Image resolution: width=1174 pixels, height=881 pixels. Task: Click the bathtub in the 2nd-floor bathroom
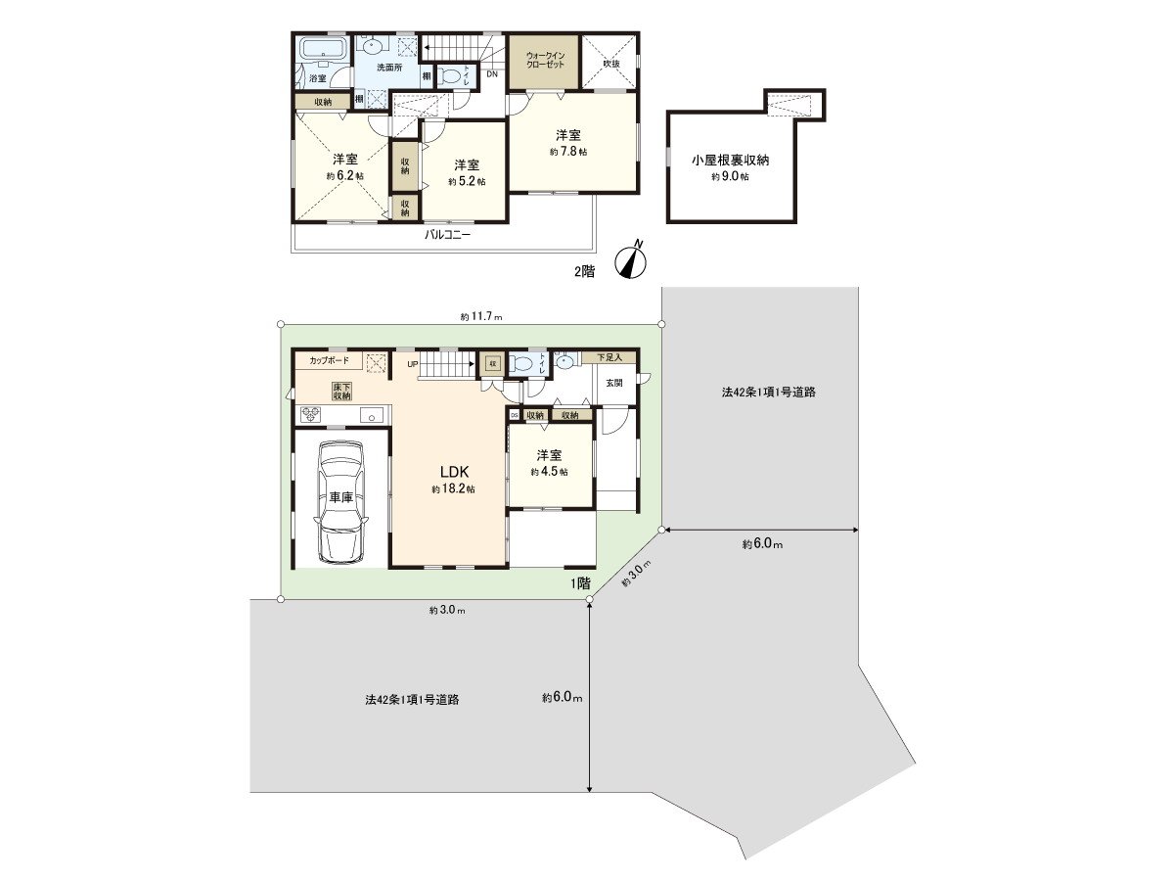[322, 50]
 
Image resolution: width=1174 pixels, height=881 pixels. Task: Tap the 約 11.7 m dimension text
[480, 317]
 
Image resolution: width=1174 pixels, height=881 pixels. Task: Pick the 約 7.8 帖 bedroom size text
[567, 153]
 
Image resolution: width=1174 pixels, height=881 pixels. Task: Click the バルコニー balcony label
[447, 236]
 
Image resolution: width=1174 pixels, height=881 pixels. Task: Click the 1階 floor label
[581, 582]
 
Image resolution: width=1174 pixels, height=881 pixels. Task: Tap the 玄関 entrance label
[613, 383]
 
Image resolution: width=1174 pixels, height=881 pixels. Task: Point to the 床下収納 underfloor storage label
[341, 392]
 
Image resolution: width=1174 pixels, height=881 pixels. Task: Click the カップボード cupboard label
[329, 360]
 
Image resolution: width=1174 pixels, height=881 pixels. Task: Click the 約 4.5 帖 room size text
[549, 472]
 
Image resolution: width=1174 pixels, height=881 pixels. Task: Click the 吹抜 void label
[611, 64]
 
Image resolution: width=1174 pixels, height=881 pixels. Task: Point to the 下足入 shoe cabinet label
[616, 357]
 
